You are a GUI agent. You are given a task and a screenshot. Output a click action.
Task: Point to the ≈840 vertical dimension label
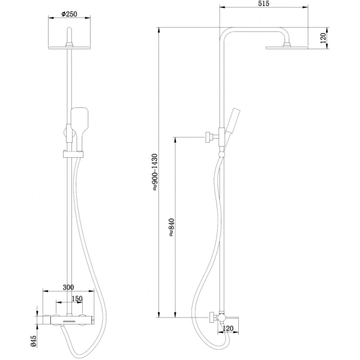click(x=171, y=227)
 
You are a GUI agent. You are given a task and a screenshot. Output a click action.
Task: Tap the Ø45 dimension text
click(x=34, y=341)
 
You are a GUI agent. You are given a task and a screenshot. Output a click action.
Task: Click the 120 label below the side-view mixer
click(x=228, y=329)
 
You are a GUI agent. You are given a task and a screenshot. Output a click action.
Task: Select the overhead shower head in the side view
click(x=286, y=47)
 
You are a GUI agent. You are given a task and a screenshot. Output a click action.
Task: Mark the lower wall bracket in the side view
click(x=212, y=316)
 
